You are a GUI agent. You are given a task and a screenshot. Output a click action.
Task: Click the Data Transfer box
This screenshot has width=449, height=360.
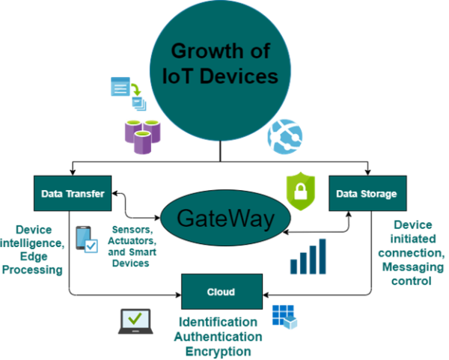tap(73, 194)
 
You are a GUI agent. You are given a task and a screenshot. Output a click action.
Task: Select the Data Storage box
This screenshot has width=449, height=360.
tap(367, 194)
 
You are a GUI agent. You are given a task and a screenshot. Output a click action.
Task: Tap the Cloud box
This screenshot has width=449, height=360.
tap(222, 291)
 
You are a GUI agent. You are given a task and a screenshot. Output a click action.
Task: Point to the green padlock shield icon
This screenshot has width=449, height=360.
tap(296, 191)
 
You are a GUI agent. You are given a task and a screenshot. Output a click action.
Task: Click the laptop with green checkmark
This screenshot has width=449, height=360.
tap(135, 320)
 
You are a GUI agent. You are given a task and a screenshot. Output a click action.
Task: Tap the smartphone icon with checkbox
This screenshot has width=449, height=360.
tap(86, 240)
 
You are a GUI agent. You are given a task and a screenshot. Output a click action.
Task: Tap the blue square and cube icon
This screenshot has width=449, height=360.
tap(284, 317)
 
